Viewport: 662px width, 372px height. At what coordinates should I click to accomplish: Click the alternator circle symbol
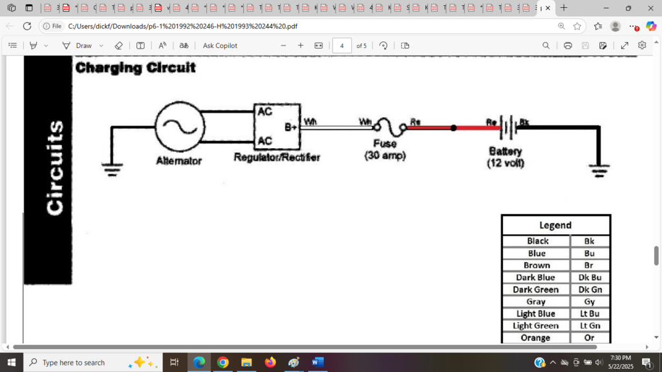click(x=180, y=127)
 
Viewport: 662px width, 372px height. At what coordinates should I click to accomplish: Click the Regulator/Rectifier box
click(x=277, y=127)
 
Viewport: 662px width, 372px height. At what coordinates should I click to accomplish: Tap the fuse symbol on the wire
click(x=390, y=127)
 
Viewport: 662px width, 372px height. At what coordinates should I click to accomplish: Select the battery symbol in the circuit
click(x=509, y=127)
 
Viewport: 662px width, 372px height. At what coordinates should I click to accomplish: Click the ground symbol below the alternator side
click(x=112, y=170)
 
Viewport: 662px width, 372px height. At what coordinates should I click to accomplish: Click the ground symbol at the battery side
click(x=601, y=171)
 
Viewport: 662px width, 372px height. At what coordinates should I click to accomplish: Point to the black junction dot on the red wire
click(x=453, y=128)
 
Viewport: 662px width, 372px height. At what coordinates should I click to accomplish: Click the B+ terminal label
click(x=290, y=127)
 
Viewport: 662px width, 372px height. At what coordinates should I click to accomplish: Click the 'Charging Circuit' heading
click(x=135, y=68)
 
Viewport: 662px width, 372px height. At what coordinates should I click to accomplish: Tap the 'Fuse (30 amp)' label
click(x=385, y=149)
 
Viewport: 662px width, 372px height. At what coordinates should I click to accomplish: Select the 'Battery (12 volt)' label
click(x=506, y=157)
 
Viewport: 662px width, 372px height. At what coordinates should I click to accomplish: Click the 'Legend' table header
click(x=555, y=225)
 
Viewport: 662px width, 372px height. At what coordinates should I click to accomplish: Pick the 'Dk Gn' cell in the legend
click(x=590, y=289)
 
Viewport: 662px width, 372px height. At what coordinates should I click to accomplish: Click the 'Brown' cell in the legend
click(x=537, y=265)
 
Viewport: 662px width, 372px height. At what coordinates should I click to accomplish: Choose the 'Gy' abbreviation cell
click(x=590, y=301)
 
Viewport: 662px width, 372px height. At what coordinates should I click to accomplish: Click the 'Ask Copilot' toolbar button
click(x=220, y=46)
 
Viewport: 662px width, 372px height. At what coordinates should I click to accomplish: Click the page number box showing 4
click(x=341, y=46)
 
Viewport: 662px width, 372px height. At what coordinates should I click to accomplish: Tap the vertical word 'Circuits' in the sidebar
click(x=54, y=168)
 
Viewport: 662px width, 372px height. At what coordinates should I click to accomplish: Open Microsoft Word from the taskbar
click(x=317, y=362)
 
